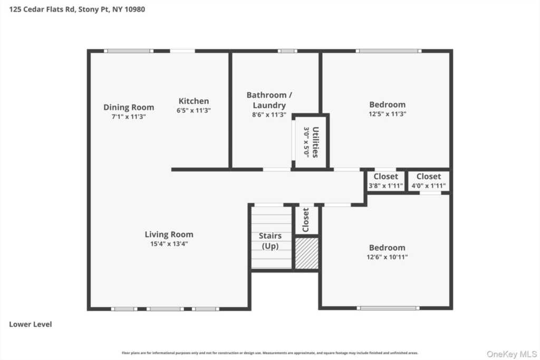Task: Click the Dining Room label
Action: click(128, 108)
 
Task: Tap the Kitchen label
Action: click(194, 101)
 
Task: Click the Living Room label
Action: click(169, 235)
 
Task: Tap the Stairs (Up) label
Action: click(269, 241)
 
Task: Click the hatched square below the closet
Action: click(306, 253)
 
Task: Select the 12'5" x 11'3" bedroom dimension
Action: click(387, 114)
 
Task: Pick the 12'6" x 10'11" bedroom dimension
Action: click(387, 257)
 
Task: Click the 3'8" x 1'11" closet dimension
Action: click(386, 186)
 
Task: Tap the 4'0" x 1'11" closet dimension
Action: click(428, 186)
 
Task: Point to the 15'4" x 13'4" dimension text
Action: click(169, 244)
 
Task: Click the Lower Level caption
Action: click(31, 325)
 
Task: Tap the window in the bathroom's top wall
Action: click(287, 51)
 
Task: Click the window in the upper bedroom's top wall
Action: click(388, 51)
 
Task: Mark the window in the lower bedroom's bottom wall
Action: click(388, 308)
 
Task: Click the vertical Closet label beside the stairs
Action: click(306, 220)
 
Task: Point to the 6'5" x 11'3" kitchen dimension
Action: click(194, 110)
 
